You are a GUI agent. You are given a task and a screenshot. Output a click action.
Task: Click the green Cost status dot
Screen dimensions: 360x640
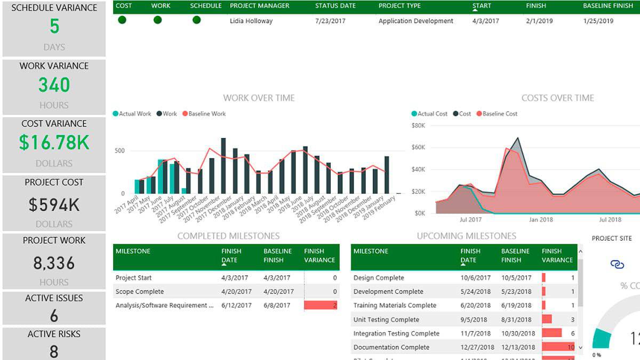(122, 20)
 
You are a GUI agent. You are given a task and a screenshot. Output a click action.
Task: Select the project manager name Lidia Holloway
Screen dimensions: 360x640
(251, 21)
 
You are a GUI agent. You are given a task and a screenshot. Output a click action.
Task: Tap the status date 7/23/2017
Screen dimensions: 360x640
(331, 21)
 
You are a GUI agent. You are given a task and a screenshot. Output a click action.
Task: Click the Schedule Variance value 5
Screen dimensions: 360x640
(54, 27)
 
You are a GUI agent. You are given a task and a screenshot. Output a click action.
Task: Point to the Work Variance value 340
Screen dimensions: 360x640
(54, 85)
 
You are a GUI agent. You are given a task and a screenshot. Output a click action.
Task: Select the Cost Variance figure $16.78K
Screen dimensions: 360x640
(54, 142)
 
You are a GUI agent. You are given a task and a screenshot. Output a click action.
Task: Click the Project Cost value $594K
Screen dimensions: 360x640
(54, 205)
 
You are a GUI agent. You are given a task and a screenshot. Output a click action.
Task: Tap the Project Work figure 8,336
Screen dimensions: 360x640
(54, 263)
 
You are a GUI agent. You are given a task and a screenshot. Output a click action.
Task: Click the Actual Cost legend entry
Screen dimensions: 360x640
(429, 114)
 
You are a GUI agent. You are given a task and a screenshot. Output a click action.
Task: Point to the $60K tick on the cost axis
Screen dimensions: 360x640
(419, 148)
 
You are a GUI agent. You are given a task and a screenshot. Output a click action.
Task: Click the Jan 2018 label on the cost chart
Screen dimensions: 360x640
(541, 219)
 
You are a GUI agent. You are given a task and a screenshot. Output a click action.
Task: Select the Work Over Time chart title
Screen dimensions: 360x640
(259, 98)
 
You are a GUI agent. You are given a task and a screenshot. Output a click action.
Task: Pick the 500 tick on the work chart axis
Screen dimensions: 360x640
(119, 151)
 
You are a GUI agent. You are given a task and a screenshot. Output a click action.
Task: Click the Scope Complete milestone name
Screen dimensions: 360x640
(140, 292)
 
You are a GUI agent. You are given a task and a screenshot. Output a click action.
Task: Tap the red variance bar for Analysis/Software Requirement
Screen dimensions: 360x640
(321, 306)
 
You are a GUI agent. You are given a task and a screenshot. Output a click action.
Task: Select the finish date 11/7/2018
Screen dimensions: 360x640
(476, 333)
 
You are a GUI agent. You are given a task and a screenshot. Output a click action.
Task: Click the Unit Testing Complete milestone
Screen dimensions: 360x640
(386, 319)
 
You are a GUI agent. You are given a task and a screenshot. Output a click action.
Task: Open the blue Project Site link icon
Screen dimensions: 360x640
(617, 264)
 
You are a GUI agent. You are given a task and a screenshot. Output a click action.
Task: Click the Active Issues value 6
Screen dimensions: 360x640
(54, 316)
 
